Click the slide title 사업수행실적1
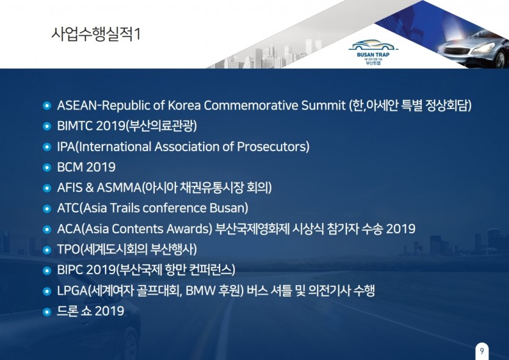click(96, 34)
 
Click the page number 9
click(482, 351)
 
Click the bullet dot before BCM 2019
click(47, 168)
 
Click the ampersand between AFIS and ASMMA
click(90, 188)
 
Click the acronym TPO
click(68, 249)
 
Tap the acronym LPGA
click(72, 291)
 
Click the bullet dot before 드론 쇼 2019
click(47, 312)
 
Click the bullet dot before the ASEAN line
click(47, 106)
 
